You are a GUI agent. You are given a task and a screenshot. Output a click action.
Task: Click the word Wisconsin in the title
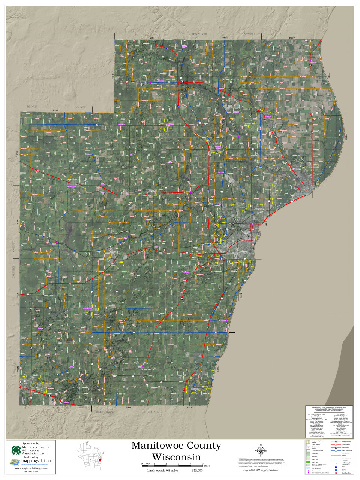click(x=176, y=457)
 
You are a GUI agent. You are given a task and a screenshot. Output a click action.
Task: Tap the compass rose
click(x=261, y=450)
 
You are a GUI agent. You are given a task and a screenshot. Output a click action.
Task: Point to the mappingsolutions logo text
click(x=36, y=461)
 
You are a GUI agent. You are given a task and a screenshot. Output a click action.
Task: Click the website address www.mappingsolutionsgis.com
click(x=31, y=468)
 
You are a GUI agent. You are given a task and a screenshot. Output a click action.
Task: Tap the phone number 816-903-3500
click(x=31, y=472)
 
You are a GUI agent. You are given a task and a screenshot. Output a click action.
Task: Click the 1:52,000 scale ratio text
click(x=197, y=470)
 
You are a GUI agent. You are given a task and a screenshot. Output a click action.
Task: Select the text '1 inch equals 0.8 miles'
click(x=162, y=470)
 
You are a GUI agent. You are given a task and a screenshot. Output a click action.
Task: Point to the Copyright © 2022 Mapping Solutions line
click(x=261, y=470)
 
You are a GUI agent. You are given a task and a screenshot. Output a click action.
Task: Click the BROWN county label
click(x=32, y=107)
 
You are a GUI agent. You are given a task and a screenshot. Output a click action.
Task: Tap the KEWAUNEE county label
click(x=199, y=34)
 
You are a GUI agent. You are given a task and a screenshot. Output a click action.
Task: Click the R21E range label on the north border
click(x=55, y=111)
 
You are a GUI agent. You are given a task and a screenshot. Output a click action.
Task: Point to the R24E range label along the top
click(x=292, y=38)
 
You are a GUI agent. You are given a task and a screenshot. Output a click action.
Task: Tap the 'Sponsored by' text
click(x=31, y=444)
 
